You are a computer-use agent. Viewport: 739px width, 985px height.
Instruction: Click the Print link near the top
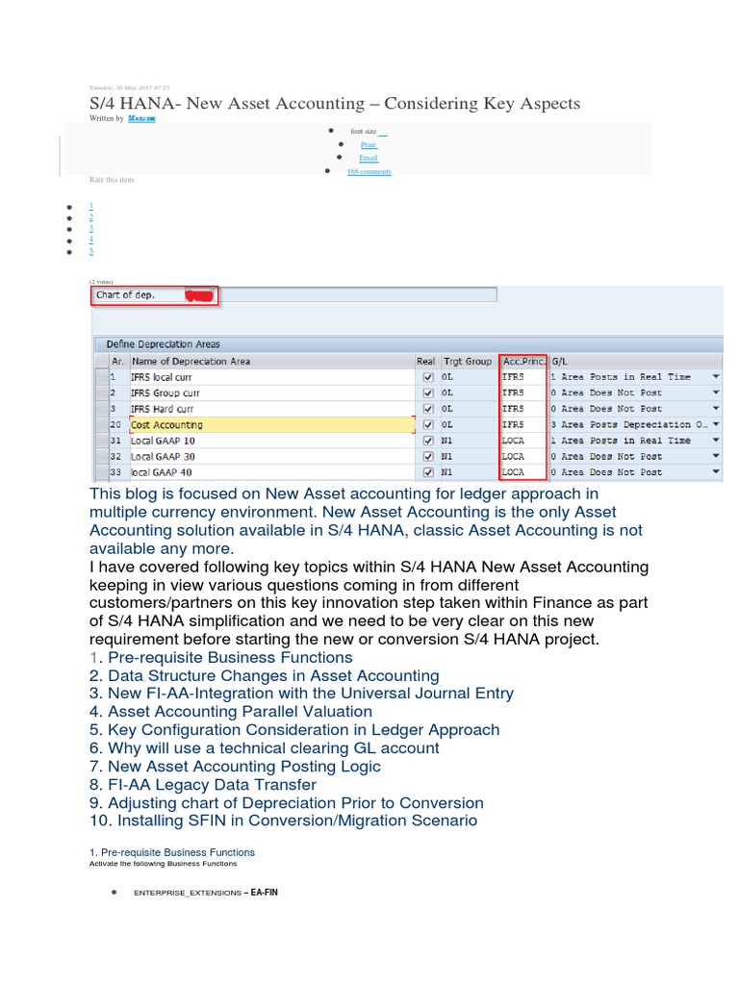click(368, 144)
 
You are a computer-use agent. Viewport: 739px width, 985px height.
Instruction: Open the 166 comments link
click(369, 171)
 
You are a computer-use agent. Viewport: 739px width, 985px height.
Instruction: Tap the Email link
click(368, 158)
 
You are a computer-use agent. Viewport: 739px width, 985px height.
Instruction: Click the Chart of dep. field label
click(125, 295)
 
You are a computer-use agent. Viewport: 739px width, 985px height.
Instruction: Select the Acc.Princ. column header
click(522, 361)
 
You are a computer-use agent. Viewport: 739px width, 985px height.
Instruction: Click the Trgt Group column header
click(467, 361)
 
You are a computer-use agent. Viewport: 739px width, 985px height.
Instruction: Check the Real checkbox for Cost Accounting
click(428, 424)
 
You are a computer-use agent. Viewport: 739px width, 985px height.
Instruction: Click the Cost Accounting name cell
click(167, 424)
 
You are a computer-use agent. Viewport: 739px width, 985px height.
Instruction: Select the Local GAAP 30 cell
click(163, 456)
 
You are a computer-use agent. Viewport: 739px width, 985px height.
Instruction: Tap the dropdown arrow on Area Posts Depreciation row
click(715, 424)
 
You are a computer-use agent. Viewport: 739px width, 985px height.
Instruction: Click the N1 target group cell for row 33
click(447, 472)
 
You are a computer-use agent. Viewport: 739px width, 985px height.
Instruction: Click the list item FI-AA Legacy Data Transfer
click(217, 784)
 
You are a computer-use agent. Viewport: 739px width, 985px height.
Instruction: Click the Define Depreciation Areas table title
click(163, 344)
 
